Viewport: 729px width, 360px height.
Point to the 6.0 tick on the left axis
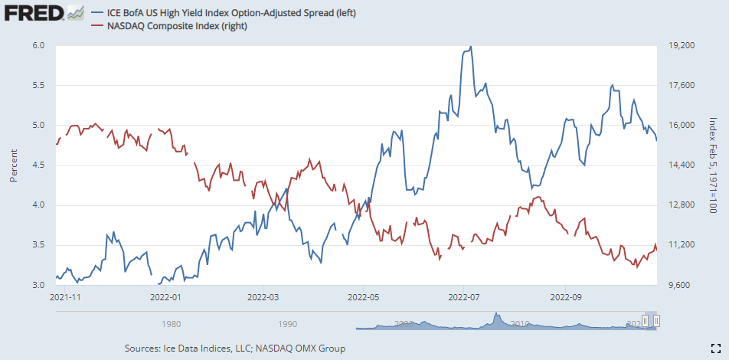[39, 46]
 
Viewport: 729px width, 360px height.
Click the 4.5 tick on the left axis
[39, 165]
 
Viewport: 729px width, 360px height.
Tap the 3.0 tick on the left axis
[39, 285]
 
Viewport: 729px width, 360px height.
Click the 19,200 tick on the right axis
[681, 46]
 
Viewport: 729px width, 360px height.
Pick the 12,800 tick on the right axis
[681, 205]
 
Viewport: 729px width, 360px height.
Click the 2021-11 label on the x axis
[65, 296]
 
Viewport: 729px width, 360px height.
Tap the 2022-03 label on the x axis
[262, 296]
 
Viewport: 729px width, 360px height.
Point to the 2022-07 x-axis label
[464, 296]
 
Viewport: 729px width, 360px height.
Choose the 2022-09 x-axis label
[564, 296]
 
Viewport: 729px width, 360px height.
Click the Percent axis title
[14, 165]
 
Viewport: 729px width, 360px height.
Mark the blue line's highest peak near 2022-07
[470, 47]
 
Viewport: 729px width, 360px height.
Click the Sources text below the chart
[234, 349]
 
